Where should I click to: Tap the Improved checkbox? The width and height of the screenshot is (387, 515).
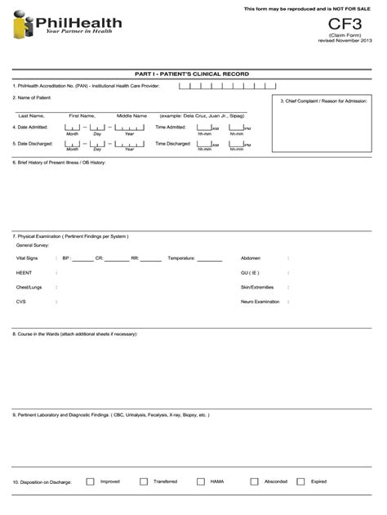(x=90, y=481)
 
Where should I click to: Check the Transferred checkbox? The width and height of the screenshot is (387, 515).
(x=144, y=481)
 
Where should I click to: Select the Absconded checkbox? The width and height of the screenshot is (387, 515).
(x=254, y=481)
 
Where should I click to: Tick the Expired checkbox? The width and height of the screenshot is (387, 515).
(x=300, y=481)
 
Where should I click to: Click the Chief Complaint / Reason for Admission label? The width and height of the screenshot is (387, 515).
(x=324, y=101)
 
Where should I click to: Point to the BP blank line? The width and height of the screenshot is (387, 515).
(x=83, y=259)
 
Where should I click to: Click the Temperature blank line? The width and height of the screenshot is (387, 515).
(x=210, y=259)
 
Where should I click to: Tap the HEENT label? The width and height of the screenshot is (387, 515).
(x=24, y=272)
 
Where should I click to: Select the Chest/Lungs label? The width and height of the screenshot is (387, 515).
(x=29, y=287)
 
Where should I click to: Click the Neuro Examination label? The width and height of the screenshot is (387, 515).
(x=260, y=302)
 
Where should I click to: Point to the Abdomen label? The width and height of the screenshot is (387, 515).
(x=251, y=257)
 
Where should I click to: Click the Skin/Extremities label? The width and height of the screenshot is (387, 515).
(x=256, y=287)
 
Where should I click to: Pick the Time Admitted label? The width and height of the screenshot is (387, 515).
(x=171, y=128)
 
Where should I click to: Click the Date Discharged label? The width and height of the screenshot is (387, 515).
(x=31, y=144)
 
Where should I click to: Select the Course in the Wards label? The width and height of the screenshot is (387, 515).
(x=74, y=334)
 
